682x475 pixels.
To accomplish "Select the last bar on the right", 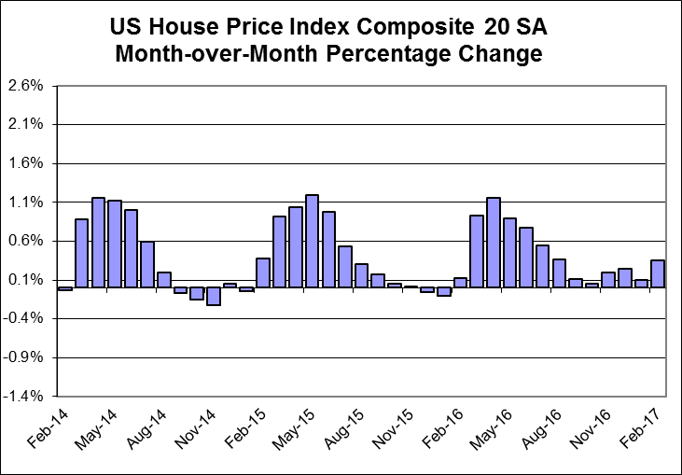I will tap(658, 273).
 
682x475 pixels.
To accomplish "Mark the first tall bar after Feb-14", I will tap(81, 253).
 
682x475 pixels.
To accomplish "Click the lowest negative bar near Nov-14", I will tap(213, 296).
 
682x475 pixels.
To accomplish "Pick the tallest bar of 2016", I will tap(494, 243).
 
